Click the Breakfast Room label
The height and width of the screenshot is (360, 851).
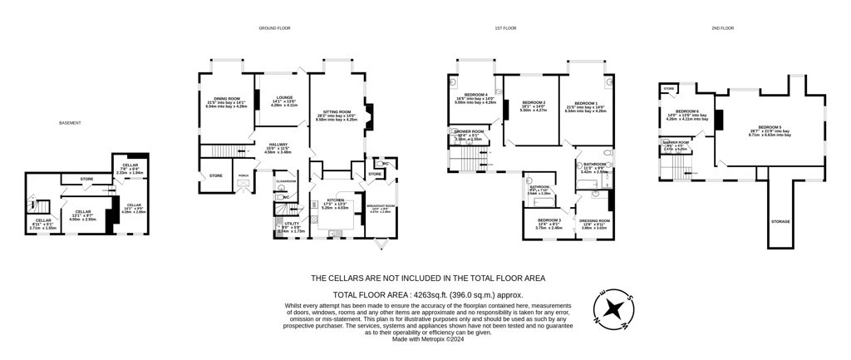tap(379, 206)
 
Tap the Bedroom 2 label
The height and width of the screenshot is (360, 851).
tap(532, 102)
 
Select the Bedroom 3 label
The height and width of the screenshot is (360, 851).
tap(548, 219)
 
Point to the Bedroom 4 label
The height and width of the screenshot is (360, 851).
tap(476, 94)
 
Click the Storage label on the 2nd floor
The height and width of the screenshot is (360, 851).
tap(780, 221)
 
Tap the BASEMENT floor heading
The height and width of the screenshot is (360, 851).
tap(70, 123)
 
